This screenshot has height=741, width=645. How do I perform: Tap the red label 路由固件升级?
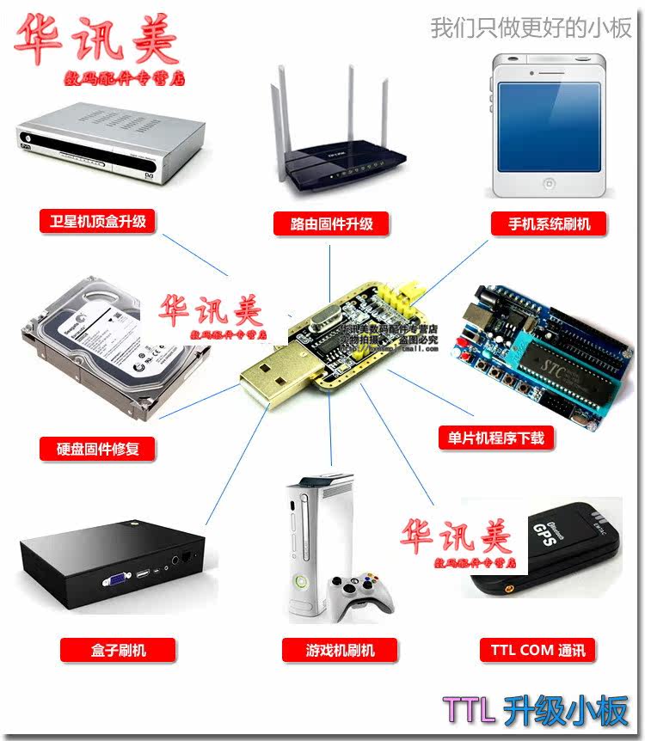coord(332,224)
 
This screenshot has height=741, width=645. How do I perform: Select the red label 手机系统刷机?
coord(549,224)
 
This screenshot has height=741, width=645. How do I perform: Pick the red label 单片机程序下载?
coord(491,438)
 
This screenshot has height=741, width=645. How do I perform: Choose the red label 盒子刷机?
coord(118,650)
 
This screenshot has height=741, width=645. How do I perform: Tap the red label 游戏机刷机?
coord(328,650)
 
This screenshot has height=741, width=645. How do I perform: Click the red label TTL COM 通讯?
coord(537,650)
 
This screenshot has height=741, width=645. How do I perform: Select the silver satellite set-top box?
coord(107,146)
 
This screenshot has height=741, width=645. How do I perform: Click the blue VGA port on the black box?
coord(112,579)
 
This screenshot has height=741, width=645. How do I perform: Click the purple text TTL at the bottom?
coord(470,711)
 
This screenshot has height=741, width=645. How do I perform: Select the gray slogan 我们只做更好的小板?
coord(531,28)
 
